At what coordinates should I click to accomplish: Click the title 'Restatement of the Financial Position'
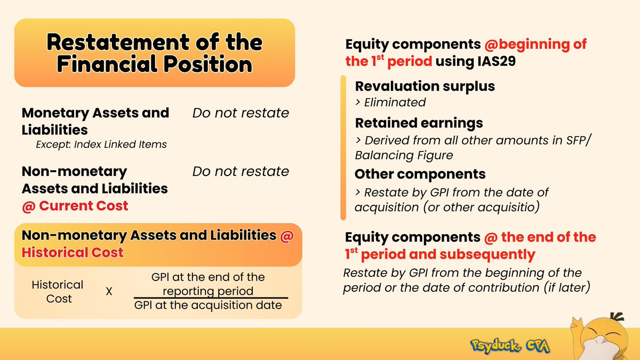click(154, 53)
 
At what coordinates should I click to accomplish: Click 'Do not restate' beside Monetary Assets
click(241, 113)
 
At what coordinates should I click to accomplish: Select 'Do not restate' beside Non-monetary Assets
click(241, 171)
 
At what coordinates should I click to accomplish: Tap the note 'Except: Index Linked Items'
click(101, 144)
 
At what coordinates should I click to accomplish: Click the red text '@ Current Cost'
click(75, 206)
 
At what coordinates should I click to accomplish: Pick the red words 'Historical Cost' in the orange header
click(73, 252)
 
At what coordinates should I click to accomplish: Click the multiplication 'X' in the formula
click(109, 292)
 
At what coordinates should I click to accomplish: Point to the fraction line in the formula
click(211, 298)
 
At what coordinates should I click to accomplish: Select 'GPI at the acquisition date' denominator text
click(208, 306)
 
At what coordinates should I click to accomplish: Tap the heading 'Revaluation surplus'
click(425, 86)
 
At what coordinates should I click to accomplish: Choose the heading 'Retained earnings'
click(419, 123)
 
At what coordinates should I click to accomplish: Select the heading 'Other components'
click(420, 174)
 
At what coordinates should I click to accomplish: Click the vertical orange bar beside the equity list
click(344, 147)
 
